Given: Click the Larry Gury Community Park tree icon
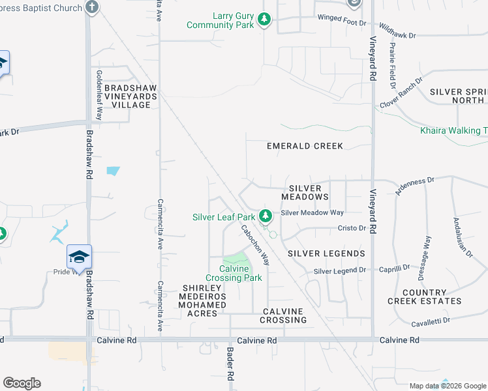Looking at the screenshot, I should (264, 20).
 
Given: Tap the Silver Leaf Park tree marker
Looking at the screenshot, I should (265, 216).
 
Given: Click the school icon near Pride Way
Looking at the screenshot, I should (79, 256).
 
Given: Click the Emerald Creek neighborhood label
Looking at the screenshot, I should (305, 146).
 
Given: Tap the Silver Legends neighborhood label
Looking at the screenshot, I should (326, 253).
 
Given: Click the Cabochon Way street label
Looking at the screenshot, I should (256, 245).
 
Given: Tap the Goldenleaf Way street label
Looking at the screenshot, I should (99, 94).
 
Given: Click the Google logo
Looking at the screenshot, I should (22, 383).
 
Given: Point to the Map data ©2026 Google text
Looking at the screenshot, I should (447, 386).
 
